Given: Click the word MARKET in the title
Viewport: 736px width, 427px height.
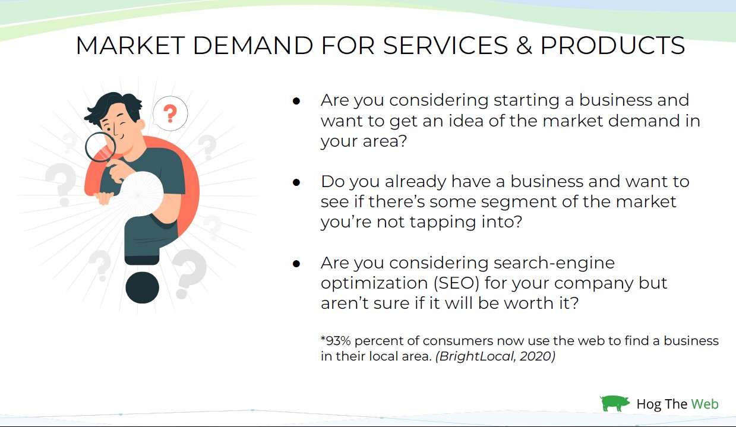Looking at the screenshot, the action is point(130,45).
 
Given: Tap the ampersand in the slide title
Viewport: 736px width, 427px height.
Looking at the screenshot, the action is point(524,45).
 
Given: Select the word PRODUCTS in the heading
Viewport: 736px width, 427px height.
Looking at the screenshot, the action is point(613,45).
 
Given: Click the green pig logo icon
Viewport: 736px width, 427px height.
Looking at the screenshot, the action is point(614,403).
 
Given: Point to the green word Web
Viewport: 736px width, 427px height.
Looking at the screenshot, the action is point(705,404).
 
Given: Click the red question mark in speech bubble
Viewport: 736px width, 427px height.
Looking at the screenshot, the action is point(170,113).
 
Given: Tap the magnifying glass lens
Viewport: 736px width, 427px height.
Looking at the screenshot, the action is point(100,147).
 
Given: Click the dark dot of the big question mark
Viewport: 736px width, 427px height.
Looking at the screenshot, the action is point(143,287).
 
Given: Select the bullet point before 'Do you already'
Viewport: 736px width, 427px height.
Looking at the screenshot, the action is point(296,182).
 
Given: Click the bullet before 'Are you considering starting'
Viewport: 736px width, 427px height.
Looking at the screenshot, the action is point(296,101).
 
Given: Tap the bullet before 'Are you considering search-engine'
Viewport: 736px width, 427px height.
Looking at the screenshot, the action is point(296,264).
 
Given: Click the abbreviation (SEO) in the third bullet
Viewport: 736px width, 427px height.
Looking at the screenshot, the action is point(456,283).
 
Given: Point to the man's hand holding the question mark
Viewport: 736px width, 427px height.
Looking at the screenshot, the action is point(104,198).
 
